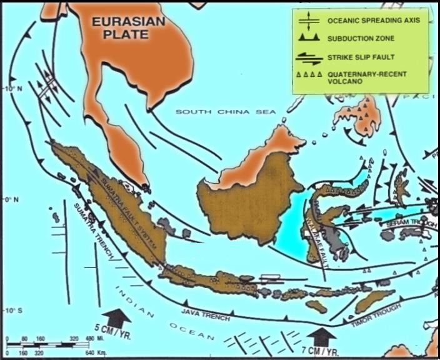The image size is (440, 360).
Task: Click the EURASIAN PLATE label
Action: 128,28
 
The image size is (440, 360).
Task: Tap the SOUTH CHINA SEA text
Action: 225,112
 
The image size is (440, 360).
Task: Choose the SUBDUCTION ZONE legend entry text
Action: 361,38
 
